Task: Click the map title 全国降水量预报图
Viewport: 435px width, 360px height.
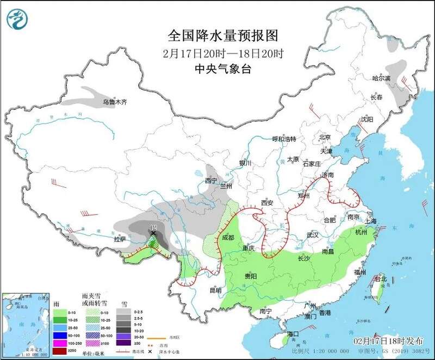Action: (223, 36)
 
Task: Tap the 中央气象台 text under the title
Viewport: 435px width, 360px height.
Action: (223, 69)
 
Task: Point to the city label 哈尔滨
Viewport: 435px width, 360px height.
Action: (381, 78)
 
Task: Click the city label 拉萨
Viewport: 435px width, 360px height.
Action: (120, 239)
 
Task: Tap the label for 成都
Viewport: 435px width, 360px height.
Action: (229, 238)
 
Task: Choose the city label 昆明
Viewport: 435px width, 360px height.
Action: (215, 290)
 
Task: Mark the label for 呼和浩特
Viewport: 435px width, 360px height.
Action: (283, 139)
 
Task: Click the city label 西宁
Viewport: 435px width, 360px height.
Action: (211, 180)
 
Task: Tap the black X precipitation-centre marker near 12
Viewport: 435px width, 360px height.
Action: (153, 233)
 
